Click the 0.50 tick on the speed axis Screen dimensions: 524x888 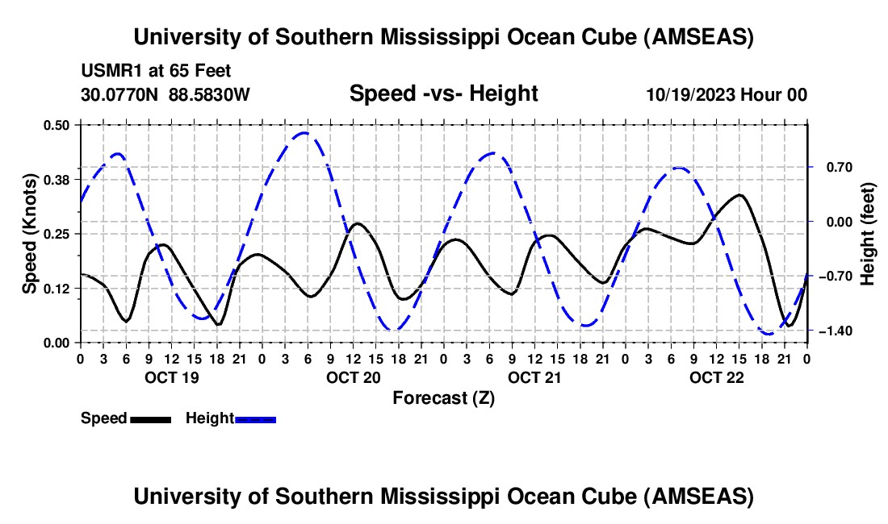click(x=58, y=124)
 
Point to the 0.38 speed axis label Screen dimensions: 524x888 click(x=58, y=179)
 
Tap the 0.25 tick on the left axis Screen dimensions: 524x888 click(x=58, y=234)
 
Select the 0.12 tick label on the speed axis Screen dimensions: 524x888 click(x=58, y=289)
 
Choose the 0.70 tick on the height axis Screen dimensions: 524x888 click(x=836, y=168)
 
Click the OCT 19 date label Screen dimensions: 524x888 click(x=171, y=377)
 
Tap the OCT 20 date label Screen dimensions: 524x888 click(x=353, y=377)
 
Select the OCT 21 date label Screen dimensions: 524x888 click(x=534, y=377)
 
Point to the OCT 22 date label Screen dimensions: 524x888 click(x=716, y=377)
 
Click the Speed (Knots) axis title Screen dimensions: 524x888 click(x=30, y=234)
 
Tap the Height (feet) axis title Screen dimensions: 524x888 click(x=868, y=234)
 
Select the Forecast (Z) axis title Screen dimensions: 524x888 click(x=443, y=397)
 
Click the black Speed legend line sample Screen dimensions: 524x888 click(x=150, y=419)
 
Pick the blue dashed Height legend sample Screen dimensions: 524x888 click(x=255, y=419)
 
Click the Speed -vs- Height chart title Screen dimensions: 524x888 click(x=443, y=94)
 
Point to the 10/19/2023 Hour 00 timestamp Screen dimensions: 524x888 click(x=727, y=94)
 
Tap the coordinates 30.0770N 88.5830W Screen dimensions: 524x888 click(x=165, y=94)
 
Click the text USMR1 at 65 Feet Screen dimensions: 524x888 click(x=156, y=71)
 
